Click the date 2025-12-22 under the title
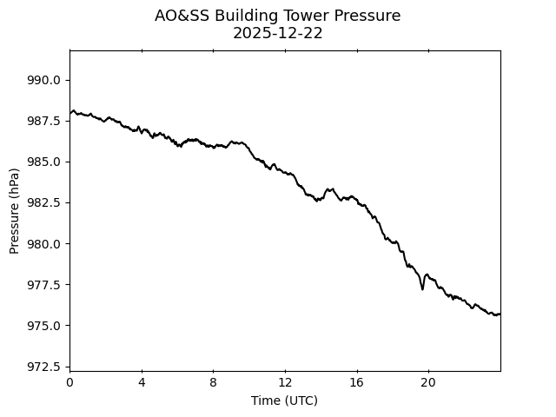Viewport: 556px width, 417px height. (278, 33)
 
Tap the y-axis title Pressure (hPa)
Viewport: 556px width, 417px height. (15, 211)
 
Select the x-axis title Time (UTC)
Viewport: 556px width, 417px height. (284, 400)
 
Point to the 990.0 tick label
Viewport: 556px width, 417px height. (44, 80)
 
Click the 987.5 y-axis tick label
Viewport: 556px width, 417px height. (44, 121)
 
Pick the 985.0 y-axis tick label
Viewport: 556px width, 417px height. (44, 162)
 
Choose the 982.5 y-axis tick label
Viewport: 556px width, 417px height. (44, 202)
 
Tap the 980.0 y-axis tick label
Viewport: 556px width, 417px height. (44, 243)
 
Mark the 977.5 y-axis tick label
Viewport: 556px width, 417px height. (44, 285)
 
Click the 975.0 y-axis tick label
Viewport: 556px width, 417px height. (44, 326)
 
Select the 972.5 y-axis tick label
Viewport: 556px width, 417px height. (44, 367)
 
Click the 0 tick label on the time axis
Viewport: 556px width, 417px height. (69, 383)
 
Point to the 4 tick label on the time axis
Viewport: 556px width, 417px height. (142, 383)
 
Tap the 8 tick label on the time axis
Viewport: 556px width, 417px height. (213, 383)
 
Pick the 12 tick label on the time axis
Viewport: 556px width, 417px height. (285, 383)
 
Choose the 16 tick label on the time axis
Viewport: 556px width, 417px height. (356, 383)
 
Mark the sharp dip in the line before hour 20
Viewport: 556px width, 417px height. (422, 288)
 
